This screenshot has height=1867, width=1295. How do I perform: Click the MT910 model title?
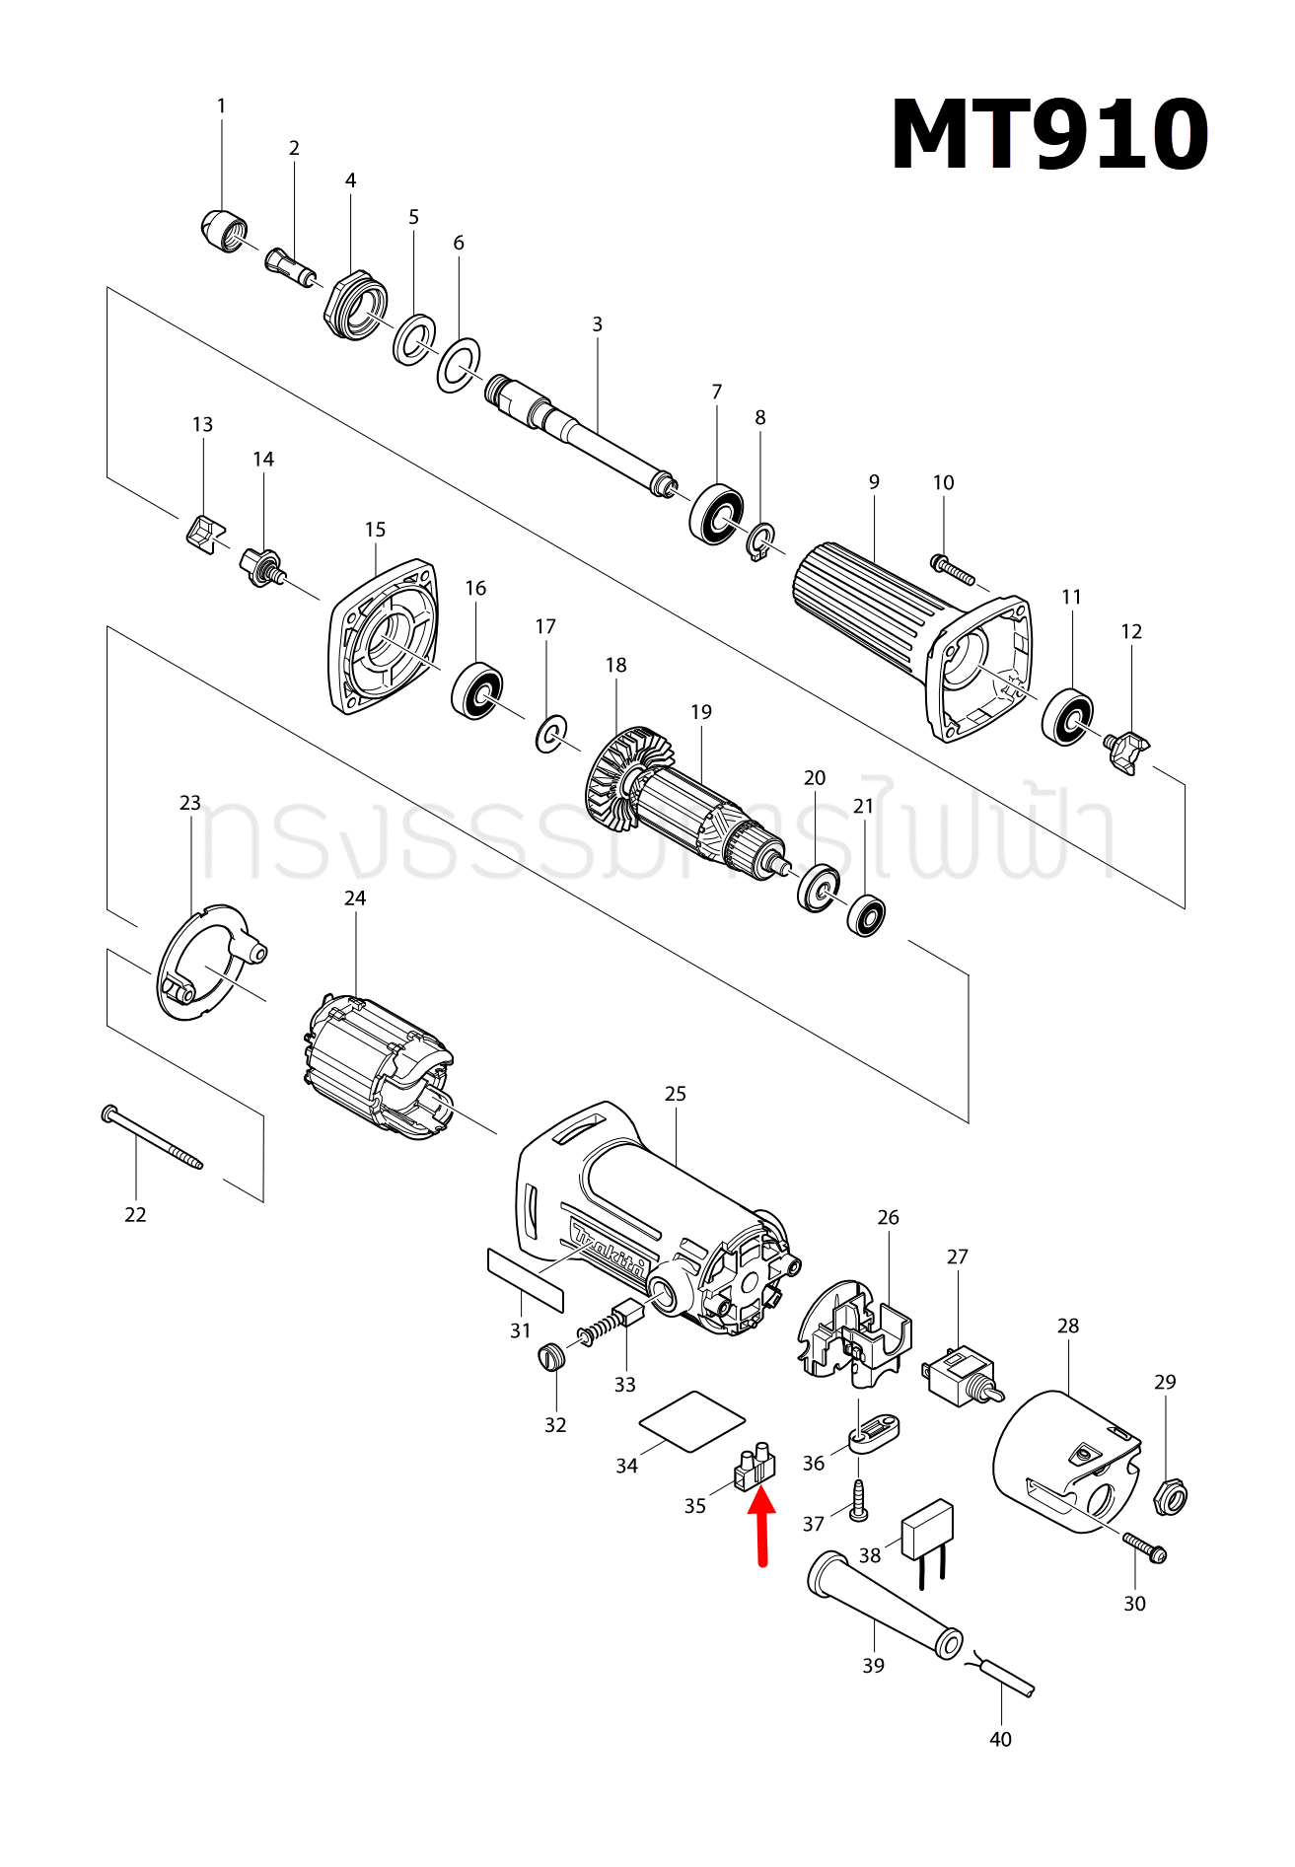point(1048,136)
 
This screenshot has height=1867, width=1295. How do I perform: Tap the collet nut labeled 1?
point(223,232)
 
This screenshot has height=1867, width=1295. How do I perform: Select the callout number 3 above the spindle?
point(597,324)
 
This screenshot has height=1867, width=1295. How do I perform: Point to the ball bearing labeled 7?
point(716,513)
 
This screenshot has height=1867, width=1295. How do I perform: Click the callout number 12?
point(1131,631)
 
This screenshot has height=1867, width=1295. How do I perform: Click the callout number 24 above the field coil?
point(355,898)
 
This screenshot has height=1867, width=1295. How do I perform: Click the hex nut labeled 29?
point(1170,1498)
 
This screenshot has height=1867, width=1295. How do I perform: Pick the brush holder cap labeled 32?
point(553,1357)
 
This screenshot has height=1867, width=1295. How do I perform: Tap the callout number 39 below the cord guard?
point(873,1666)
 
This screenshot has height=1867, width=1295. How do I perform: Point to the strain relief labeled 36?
point(873,1433)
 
